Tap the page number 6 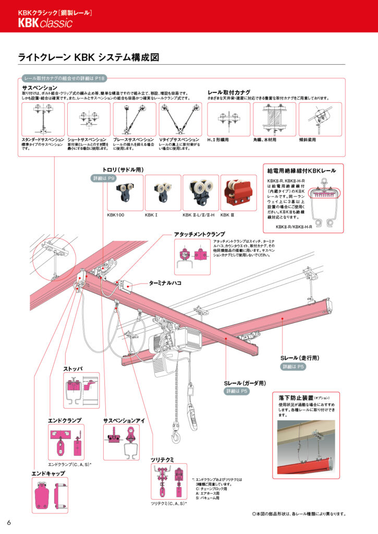point(9,523)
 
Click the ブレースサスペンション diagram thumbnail point(134,119)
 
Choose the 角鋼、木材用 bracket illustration point(275,119)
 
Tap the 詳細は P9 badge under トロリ point(103,179)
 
